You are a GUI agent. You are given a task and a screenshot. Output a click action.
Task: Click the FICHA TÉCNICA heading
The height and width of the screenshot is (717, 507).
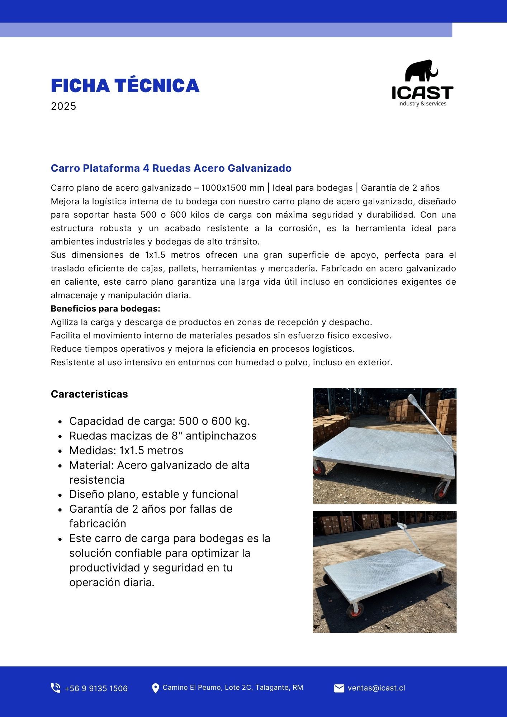tap(125, 86)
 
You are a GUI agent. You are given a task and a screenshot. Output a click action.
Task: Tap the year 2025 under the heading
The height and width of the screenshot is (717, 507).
tap(63, 106)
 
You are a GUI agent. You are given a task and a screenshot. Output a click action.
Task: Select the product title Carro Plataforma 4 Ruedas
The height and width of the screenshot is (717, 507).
tap(171, 168)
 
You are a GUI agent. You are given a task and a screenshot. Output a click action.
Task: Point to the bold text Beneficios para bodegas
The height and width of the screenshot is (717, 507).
tap(105, 309)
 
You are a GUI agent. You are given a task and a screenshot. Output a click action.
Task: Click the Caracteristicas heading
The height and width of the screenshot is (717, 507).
tap(89, 394)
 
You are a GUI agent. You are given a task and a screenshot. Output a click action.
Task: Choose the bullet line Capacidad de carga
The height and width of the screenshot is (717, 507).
tap(160, 421)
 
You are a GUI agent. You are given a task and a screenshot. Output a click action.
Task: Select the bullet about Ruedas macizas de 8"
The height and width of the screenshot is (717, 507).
tap(163, 436)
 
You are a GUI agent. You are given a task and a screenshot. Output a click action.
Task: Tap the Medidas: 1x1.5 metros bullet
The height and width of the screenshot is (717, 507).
tap(126, 450)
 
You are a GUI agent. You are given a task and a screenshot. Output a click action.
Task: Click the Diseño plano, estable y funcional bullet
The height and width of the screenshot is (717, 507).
tap(153, 494)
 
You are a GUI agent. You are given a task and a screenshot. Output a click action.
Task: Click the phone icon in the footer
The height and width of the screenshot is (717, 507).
tap(56, 688)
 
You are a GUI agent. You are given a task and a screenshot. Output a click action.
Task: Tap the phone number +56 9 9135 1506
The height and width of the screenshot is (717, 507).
tap(96, 688)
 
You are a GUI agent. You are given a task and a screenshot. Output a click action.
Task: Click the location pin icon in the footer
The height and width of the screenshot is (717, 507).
tap(155, 688)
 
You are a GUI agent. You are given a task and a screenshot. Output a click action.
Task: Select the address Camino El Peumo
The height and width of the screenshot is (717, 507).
tap(233, 687)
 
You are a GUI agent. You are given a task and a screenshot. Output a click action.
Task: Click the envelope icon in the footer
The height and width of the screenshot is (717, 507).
tap(339, 688)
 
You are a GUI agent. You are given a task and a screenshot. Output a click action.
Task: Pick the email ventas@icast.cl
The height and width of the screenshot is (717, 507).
tap(376, 688)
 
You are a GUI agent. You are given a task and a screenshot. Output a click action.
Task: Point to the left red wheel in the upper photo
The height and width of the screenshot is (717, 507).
tap(319, 468)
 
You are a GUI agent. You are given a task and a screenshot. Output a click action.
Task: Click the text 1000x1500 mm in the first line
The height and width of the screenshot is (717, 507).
tap(232, 188)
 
